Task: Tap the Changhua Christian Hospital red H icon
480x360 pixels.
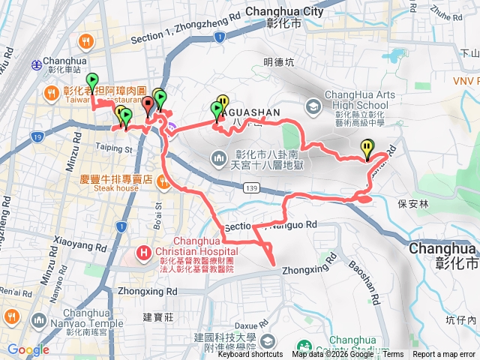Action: click(x=142, y=252)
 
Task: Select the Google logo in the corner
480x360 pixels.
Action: click(x=28, y=349)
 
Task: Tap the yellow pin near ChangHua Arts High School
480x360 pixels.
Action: click(x=367, y=148)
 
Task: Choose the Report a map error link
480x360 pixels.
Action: click(x=444, y=355)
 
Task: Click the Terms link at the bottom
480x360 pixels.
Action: click(x=393, y=355)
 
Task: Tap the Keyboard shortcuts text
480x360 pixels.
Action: click(x=250, y=355)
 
